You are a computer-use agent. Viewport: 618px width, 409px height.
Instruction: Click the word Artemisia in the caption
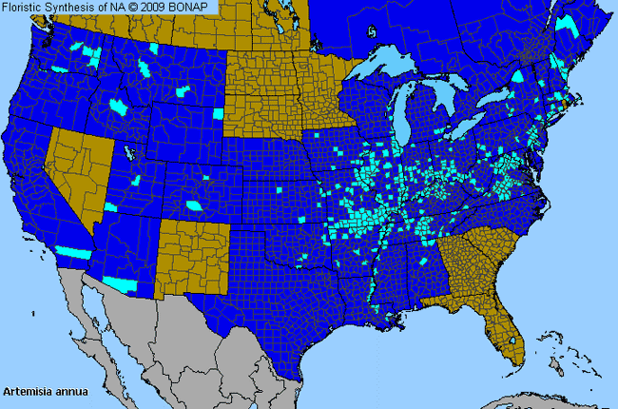point(28,391)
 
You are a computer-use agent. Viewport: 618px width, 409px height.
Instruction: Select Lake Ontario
point(500,99)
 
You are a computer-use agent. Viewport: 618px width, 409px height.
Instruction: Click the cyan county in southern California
point(70,252)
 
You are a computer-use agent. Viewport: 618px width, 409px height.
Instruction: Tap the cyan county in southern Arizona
point(123,284)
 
